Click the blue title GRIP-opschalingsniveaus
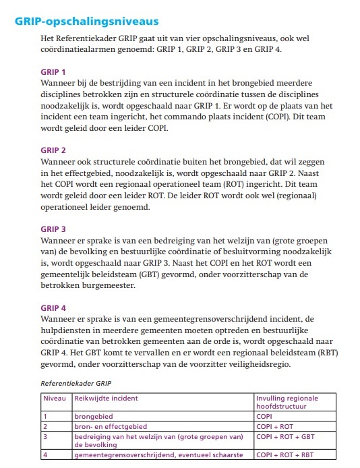click(83, 21)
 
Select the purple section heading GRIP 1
click(53, 71)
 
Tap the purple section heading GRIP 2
click(53, 150)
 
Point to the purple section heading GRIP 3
click(53, 229)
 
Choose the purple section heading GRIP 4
click(53, 308)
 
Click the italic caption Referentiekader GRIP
click(76, 382)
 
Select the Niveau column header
click(54, 398)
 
